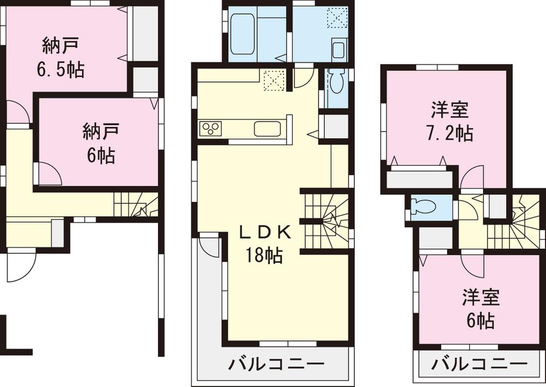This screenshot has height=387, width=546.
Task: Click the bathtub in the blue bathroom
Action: coord(243,34)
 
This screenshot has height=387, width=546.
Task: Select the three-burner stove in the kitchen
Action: coord(212,129)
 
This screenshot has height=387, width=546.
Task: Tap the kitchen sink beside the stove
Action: coord(267,129)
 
